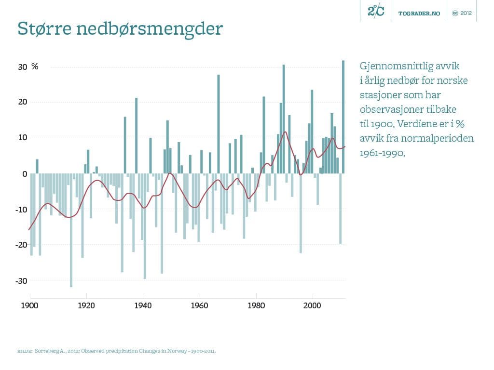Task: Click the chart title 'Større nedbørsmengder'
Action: pyautogui.click(x=120, y=29)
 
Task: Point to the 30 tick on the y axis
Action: pyautogui.click(x=23, y=67)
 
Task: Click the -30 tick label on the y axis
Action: pyautogui.click(x=21, y=281)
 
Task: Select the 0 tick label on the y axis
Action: pyautogui.click(x=25, y=174)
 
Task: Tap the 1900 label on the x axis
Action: pyautogui.click(x=30, y=306)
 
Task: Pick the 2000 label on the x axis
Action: pyautogui.click(x=312, y=306)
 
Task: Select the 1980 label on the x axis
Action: pyautogui.click(x=256, y=306)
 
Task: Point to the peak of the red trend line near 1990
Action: pyautogui.click(x=285, y=132)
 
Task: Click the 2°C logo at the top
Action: pyautogui.click(x=376, y=11)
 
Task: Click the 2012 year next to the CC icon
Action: pyautogui.click(x=466, y=13)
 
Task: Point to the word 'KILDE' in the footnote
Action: pyautogui.click(x=24, y=351)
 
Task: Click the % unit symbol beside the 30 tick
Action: pyautogui.click(x=35, y=67)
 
